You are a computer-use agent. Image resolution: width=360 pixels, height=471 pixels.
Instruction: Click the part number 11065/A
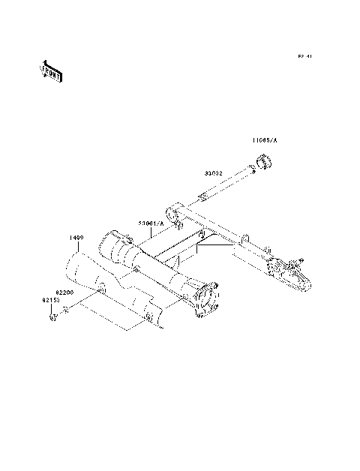[x=264, y=140]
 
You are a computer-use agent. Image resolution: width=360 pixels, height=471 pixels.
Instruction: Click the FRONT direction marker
[x=51, y=70]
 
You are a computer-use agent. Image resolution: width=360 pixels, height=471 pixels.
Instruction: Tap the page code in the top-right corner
[x=304, y=56]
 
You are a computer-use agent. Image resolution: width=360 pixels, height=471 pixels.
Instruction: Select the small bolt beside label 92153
[x=52, y=316]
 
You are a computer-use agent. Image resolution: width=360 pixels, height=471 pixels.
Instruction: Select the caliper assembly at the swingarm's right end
[x=288, y=273]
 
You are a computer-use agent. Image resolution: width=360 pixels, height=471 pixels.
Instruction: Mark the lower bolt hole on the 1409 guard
[x=149, y=319]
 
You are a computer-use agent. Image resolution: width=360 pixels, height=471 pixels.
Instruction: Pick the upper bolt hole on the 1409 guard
[x=100, y=289]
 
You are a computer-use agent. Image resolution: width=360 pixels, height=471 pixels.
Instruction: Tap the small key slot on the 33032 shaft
[x=203, y=197]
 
